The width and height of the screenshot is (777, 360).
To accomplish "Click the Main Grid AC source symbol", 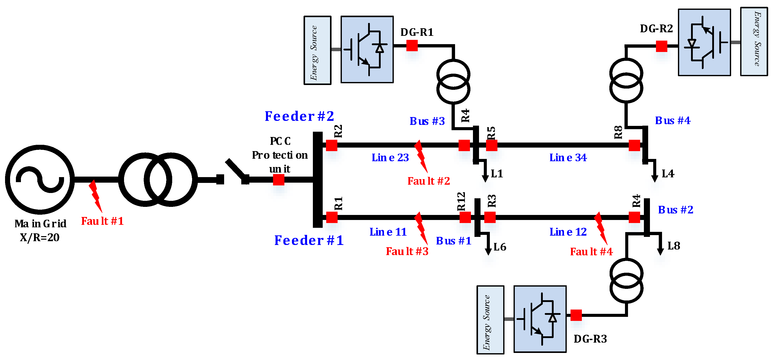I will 40,180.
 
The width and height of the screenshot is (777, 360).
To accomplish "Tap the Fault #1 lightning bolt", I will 95,196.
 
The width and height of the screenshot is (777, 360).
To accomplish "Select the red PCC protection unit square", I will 278,180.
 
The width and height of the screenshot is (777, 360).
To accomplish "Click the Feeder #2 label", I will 299,116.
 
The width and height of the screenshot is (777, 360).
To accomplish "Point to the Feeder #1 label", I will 309,240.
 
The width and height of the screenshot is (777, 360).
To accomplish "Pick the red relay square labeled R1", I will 332,217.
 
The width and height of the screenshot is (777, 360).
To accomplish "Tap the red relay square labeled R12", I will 465,217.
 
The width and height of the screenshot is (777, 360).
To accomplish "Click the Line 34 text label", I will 568,157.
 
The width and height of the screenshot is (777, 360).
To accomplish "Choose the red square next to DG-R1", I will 412,46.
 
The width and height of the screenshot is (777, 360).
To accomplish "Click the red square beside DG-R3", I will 576,315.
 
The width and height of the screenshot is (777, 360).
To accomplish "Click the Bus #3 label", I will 427,121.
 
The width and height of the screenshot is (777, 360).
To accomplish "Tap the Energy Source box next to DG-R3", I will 490,320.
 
